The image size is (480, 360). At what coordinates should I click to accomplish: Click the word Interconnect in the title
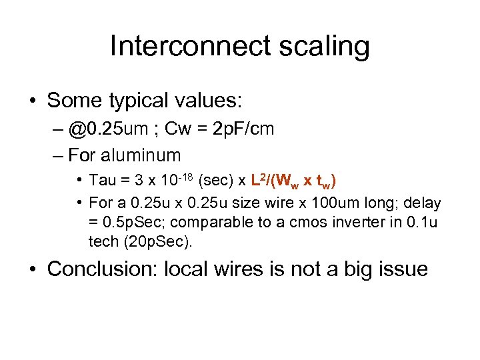coord(190,46)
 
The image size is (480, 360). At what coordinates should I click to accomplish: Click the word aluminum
coord(141,155)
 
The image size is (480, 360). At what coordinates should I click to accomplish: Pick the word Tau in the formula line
coord(102,181)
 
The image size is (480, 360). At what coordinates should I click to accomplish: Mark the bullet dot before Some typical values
coord(31,101)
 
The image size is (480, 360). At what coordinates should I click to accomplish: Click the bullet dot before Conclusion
coord(31,269)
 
